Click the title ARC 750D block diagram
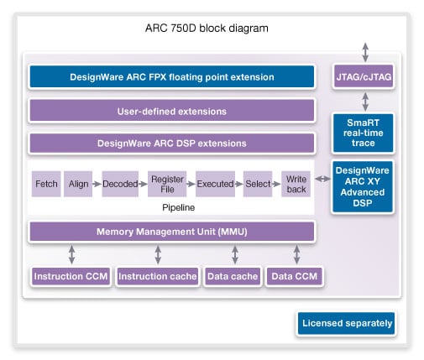tap(212, 29)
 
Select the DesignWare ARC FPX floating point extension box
tap(172, 77)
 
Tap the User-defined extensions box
tap(172, 111)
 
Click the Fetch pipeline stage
tap(46, 183)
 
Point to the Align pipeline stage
tap(80, 183)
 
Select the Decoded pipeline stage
tap(120, 183)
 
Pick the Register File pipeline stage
tap(165, 183)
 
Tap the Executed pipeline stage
tap(214, 183)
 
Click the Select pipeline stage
tap(258, 183)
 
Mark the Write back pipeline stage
tap(296, 183)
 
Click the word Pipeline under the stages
tap(172, 206)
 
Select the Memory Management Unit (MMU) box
tap(172, 232)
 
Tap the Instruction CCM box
tap(70, 276)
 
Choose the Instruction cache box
tap(157, 276)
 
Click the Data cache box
tap(232, 276)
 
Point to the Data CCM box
tap(296, 276)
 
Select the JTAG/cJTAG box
tap(364, 77)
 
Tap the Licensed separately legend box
tap(347, 323)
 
